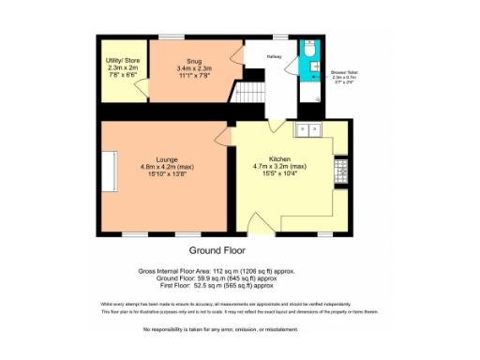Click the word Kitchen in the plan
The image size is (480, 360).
click(281, 160)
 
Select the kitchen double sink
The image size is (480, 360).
click(308, 129)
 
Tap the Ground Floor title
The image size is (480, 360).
click(218, 251)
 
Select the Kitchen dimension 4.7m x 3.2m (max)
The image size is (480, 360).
click(281, 168)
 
